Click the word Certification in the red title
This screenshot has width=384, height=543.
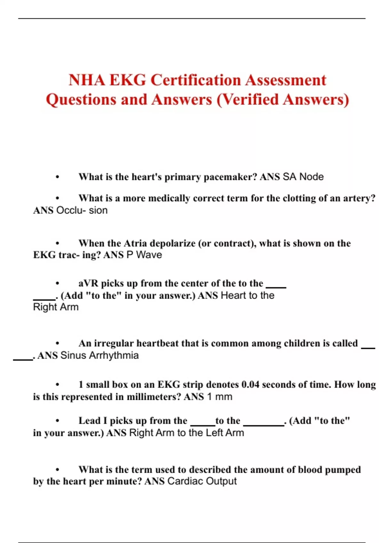(x=196, y=80)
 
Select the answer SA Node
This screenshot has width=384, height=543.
(x=303, y=177)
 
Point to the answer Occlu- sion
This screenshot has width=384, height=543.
(x=82, y=210)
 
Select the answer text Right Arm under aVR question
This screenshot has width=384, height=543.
(x=56, y=307)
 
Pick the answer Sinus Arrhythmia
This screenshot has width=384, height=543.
(x=100, y=356)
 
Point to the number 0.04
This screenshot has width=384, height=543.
(x=250, y=385)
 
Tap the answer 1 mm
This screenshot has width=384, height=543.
(x=220, y=397)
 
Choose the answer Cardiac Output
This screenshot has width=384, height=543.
(x=202, y=481)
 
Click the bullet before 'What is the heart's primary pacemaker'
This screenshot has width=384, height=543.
(x=58, y=177)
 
